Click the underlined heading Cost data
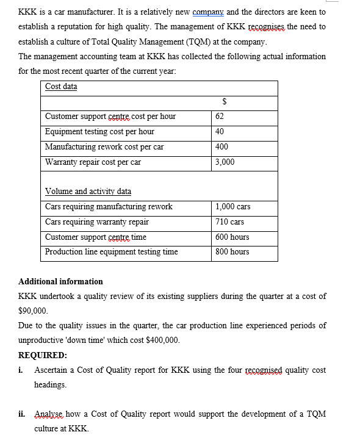(61, 87)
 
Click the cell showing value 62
(220, 117)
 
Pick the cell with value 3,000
(225, 162)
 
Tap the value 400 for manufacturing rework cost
(222, 147)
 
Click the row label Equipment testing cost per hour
(99, 132)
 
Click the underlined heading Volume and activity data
(88, 192)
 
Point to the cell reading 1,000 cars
(233, 207)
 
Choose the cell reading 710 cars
(230, 222)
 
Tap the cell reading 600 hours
(232, 237)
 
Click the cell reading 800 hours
(232, 252)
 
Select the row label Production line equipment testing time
(112, 252)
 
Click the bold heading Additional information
(61, 282)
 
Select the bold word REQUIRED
(43, 355)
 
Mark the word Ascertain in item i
(54, 370)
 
